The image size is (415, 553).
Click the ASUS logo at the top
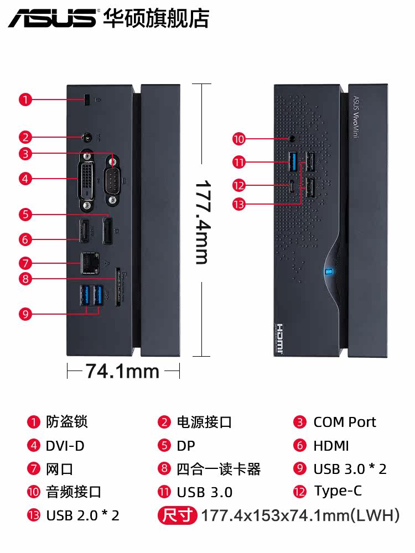tap(52, 18)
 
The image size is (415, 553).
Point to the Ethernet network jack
tap(88, 263)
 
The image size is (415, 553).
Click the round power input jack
tap(86, 137)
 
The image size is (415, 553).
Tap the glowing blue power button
tap(329, 272)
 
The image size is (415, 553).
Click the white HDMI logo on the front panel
tap(280, 338)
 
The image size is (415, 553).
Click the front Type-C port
tap(292, 185)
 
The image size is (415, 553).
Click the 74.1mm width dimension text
tap(122, 372)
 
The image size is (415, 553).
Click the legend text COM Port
tap(344, 422)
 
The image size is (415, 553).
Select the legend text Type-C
tap(338, 491)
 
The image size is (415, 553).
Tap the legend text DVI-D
tap(65, 446)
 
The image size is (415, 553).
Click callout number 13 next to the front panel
tap(238, 205)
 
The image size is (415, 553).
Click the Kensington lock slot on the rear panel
tap(87, 100)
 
